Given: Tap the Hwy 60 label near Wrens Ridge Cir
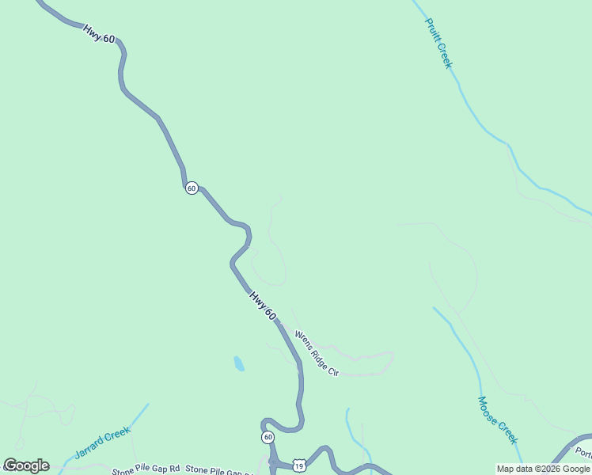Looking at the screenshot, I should [x=263, y=306].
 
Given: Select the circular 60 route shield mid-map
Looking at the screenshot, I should [x=192, y=188].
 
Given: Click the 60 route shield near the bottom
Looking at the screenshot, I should [x=268, y=437].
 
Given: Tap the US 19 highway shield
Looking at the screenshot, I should [x=298, y=466].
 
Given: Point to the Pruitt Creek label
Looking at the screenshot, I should [x=438, y=44].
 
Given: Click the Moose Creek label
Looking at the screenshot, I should [x=497, y=420].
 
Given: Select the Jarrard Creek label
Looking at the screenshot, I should [x=101, y=443].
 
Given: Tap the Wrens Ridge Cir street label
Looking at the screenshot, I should [x=317, y=353].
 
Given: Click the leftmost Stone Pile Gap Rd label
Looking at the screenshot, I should [x=146, y=470].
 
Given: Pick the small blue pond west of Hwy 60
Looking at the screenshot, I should [x=238, y=363].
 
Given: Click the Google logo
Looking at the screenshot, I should [x=26, y=465].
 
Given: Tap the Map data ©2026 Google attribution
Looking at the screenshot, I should [x=543, y=469].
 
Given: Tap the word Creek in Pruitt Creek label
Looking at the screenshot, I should [x=444, y=55].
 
